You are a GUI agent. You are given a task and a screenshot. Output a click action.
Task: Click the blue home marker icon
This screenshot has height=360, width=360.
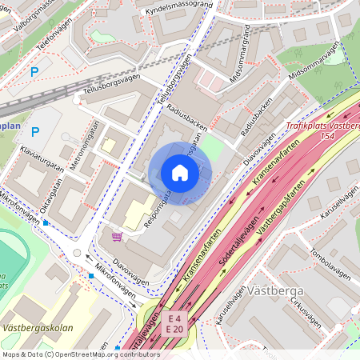tap(180, 172)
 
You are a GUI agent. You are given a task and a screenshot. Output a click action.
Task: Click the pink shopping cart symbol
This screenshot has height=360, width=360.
tap(118, 237)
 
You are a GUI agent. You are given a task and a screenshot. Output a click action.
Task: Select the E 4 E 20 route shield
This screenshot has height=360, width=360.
tap(175, 323)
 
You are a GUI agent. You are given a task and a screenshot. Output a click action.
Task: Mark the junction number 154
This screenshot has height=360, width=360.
tap(329, 138)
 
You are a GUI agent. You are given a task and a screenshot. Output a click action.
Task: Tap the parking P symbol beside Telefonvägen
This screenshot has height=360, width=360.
tap(34, 72)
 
